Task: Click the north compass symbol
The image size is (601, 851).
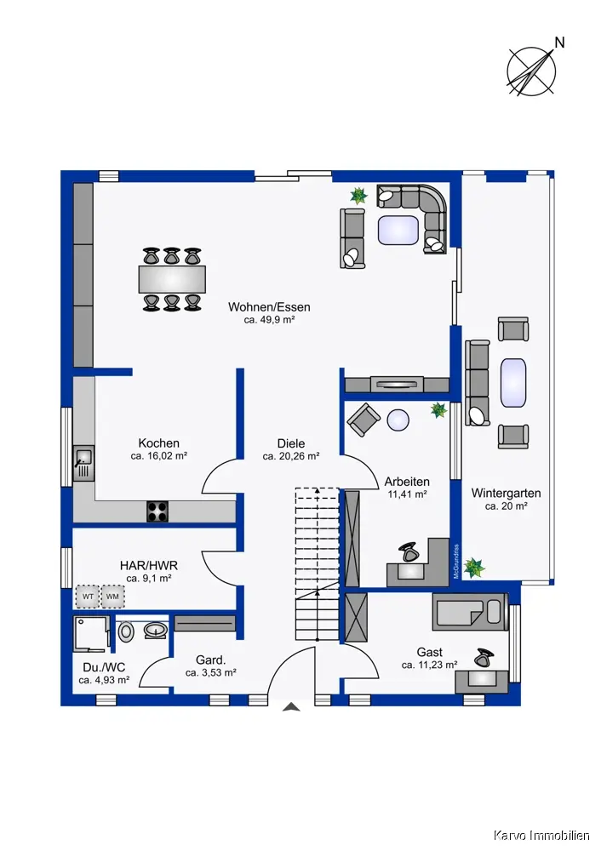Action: coord(532,71)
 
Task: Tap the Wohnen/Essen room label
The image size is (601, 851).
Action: coord(269,307)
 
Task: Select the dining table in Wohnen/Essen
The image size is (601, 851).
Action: coord(172,279)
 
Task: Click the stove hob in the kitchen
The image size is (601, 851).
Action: coord(157,511)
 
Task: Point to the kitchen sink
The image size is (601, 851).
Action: coord(83,463)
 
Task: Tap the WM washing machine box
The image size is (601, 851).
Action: coord(113,597)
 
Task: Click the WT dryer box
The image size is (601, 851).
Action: coord(88,597)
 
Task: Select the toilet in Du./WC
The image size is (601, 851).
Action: coord(126,631)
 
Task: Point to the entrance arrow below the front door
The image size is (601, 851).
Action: coord(291,706)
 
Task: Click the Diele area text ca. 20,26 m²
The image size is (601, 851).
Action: coord(291,456)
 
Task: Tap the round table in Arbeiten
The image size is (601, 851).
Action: coord(398,420)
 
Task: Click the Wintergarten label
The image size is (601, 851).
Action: coord(506,494)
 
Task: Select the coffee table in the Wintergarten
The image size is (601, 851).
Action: coord(513,382)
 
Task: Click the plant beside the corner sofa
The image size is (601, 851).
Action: coord(358,196)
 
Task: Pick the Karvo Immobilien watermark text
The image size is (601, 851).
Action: coord(541,835)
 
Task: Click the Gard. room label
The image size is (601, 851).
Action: coord(210,660)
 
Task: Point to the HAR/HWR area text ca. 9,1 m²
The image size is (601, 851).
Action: coord(149,579)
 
